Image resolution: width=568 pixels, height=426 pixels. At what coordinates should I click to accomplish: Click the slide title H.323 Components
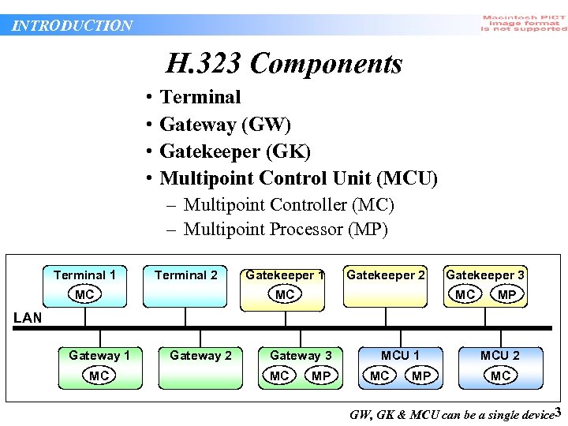pyautogui.click(x=284, y=64)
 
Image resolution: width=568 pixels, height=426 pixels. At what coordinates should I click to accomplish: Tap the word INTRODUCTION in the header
pyautogui.click(x=73, y=25)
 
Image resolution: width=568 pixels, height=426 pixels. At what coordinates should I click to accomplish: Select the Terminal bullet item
pyautogui.click(x=200, y=97)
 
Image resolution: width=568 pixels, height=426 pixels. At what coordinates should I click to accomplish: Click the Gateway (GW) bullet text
pyautogui.click(x=225, y=125)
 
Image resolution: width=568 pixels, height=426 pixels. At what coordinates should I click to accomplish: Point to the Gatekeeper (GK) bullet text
pyautogui.click(x=234, y=151)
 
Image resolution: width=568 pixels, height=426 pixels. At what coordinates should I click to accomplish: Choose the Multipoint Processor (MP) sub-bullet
pyautogui.click(x=286, y=230)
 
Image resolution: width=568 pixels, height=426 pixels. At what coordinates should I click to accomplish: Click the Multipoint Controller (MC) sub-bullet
pyautogui.click(x=288, y=205)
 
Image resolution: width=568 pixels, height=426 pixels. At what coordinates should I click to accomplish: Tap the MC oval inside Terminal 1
pyautogui.click(x=84, y=294)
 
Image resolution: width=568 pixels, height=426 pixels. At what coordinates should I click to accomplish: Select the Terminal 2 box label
pyautogui.click(x=185, y=275)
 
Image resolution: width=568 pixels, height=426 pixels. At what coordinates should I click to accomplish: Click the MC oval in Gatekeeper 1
pyautogui.click(x=285, y=294)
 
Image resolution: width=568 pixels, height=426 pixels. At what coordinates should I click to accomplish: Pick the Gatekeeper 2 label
pyautogui.click(x=386, y=275)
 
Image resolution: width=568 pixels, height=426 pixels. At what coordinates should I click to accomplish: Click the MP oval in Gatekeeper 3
pyautogui.click(x=507, y=294)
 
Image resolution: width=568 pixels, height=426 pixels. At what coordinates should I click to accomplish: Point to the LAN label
pyautogui.click(x=28, y=318)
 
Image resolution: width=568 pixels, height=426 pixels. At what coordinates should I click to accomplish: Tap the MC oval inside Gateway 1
pyautogui.click(x=99, y=376)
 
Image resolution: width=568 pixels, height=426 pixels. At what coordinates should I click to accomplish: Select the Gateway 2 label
pyautogui.click(x=200, y=356)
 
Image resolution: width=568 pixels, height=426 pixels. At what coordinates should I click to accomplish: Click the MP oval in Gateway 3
pyautogui.click(x=321, y=376)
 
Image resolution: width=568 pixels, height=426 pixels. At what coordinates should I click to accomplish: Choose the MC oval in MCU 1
pyautogui.click(x=379, y=376)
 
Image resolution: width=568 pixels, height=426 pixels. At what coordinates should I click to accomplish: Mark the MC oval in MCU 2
pyautogui.click(x=501, y=376)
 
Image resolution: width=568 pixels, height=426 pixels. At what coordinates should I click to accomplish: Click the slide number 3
pyautogui.click(x=558, y=412)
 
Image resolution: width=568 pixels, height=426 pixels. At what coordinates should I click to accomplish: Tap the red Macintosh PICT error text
pyautogui.click(x=524, y=23)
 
